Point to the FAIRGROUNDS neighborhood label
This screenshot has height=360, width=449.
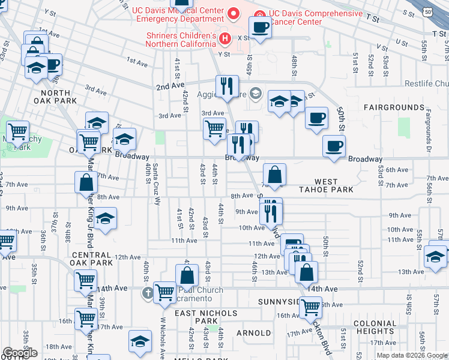point(393,107)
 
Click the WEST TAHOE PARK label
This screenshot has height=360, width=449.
point(334,185)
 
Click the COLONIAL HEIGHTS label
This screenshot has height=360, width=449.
point(375,327)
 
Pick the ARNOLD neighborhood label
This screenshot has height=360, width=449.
point(253,332)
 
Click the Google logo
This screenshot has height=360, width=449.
point(20,353)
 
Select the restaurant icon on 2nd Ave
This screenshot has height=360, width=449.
point(226,85)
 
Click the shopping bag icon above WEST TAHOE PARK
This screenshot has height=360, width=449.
point(274,175)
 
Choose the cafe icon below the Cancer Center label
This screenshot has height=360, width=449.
point(260,27)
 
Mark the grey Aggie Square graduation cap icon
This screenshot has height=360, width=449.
point(256,92)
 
